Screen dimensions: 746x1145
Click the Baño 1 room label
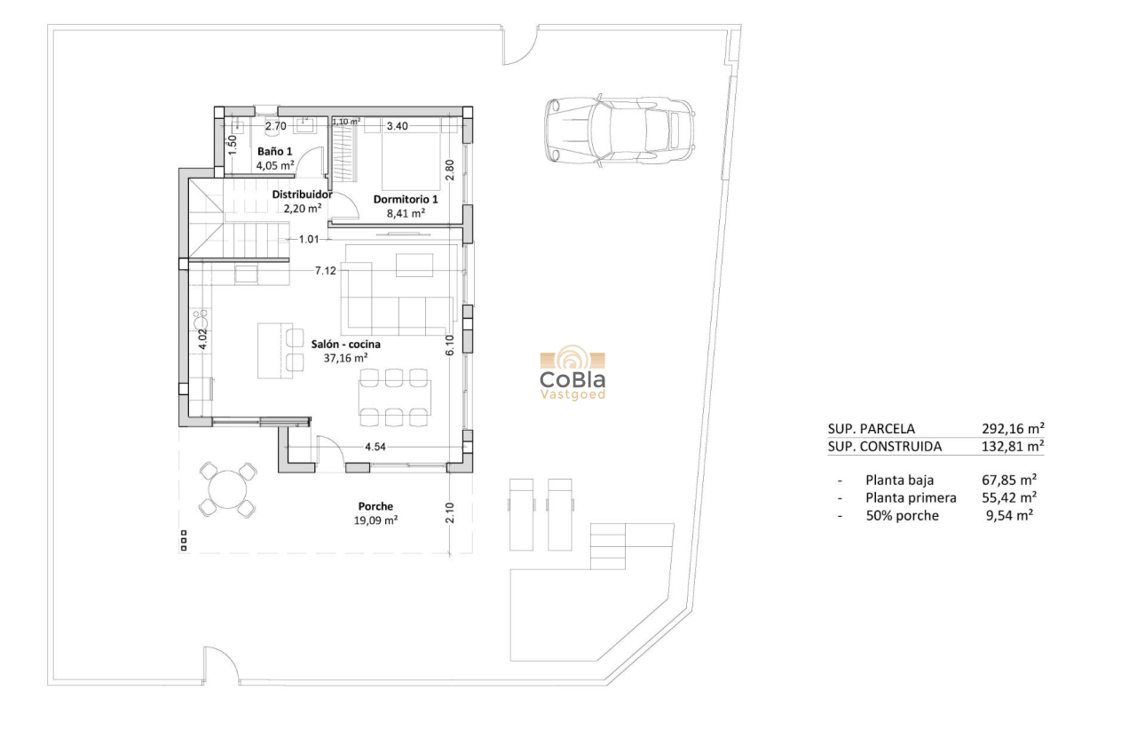pos(274,151)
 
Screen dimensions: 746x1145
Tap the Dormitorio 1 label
pos(406,199)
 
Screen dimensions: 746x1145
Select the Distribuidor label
pos(302,194)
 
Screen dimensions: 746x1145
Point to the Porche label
pos(375,506)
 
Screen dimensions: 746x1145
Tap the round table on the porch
pos(226,489)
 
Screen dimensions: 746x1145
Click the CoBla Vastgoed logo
pos(572,373)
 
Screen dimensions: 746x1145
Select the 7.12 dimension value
pos(325,270)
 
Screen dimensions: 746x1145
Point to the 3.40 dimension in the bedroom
pos(397,126)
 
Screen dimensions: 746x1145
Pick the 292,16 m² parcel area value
pos(1013,428)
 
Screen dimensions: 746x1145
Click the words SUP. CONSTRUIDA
pos(884,447)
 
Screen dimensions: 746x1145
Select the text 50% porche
pos(902,515)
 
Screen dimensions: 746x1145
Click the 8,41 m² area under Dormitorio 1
pos(406,213)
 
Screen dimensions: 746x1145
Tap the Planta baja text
pos(899,480)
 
